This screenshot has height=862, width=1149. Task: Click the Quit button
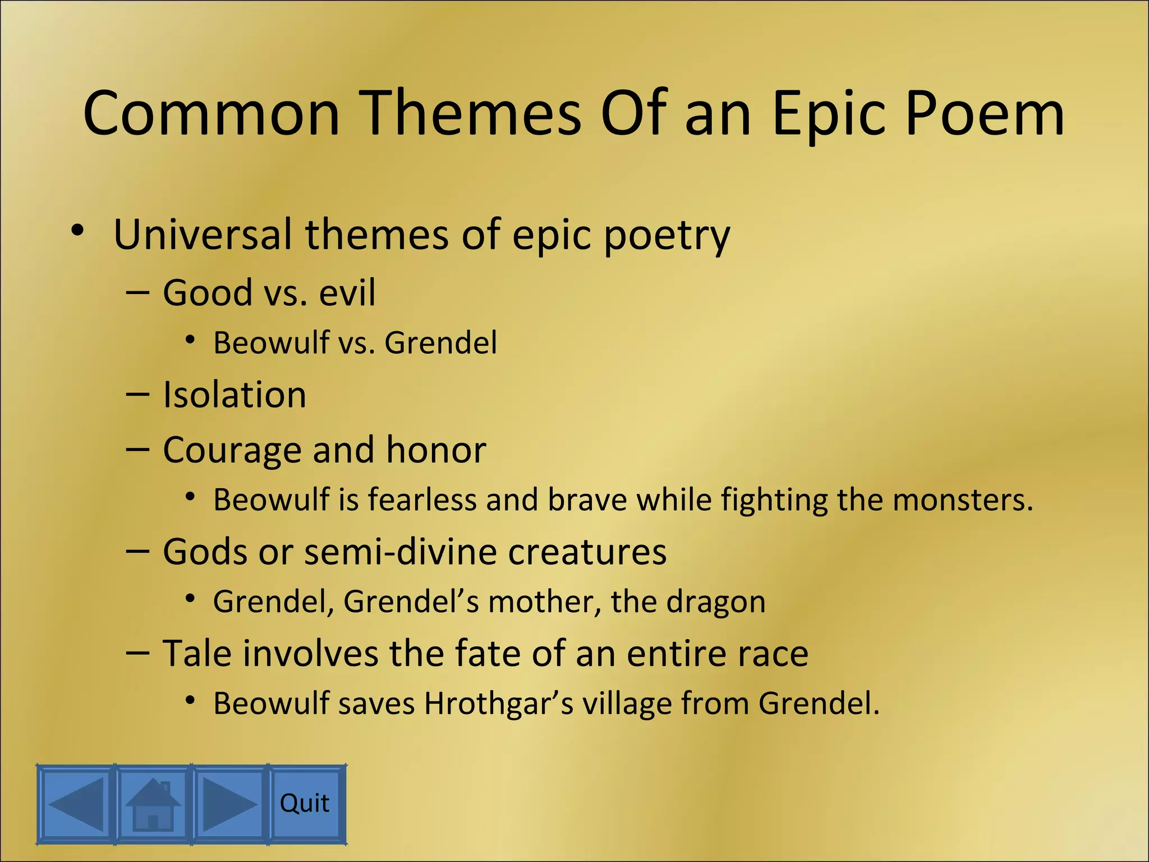[305, 804]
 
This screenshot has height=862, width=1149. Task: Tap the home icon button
[153, 804]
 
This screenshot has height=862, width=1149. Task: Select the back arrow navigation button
[76, 804]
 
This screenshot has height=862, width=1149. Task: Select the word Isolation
[235, 395]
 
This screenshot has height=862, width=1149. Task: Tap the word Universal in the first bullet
[203, 234]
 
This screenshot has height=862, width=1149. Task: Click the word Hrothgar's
[499, 703]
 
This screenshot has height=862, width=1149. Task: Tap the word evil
[347, 292]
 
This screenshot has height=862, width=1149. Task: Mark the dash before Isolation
[138, 395]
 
